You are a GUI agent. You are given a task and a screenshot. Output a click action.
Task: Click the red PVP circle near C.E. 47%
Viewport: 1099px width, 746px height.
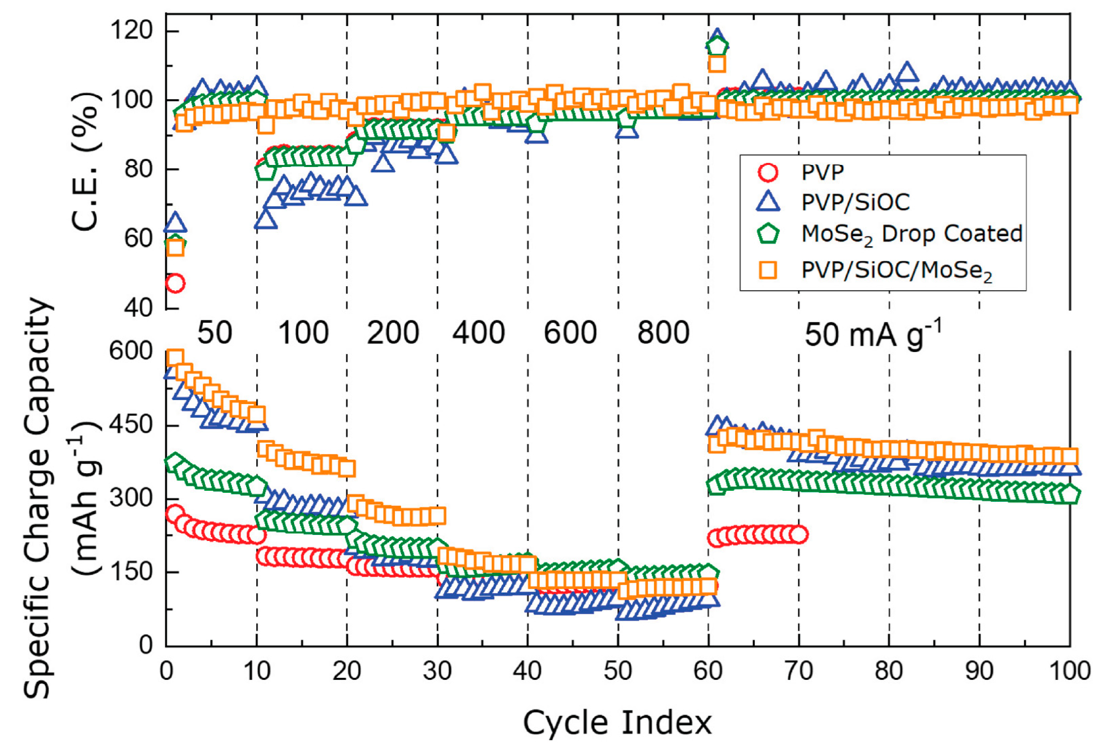[x=175, y=284]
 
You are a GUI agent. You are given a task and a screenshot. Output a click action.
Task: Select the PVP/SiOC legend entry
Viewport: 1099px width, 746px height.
[x=832, y=202]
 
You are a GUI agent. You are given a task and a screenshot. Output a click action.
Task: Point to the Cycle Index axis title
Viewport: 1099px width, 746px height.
[x=617, y=722]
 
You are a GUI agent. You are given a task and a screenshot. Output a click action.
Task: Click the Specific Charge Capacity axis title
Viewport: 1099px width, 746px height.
[x=38, y=498]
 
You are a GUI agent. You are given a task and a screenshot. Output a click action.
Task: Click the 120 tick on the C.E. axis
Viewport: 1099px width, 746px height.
[x=131, y=31]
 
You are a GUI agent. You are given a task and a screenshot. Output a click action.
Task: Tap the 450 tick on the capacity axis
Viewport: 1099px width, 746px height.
[x=131, y=425]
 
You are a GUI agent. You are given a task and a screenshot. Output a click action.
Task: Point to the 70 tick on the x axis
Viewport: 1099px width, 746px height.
[x=799, y=670]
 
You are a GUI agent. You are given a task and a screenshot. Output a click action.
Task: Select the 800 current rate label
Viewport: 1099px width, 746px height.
[x=664, y=333]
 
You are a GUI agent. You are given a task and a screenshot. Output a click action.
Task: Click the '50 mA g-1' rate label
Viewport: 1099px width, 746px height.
[x=873, y=333]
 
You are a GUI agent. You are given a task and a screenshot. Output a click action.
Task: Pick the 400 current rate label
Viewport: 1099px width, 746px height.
[x=479, y=333]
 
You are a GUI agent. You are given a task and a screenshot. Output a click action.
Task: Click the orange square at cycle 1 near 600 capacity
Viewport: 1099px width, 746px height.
[x=175, y=358]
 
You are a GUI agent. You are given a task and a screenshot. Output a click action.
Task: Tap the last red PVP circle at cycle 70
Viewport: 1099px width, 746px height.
[x=799, y=535]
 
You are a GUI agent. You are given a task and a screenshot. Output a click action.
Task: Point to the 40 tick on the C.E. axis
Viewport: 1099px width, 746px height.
[x=138, y=307]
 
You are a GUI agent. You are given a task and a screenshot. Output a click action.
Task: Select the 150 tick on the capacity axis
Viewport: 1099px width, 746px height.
[x=131, y=572]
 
